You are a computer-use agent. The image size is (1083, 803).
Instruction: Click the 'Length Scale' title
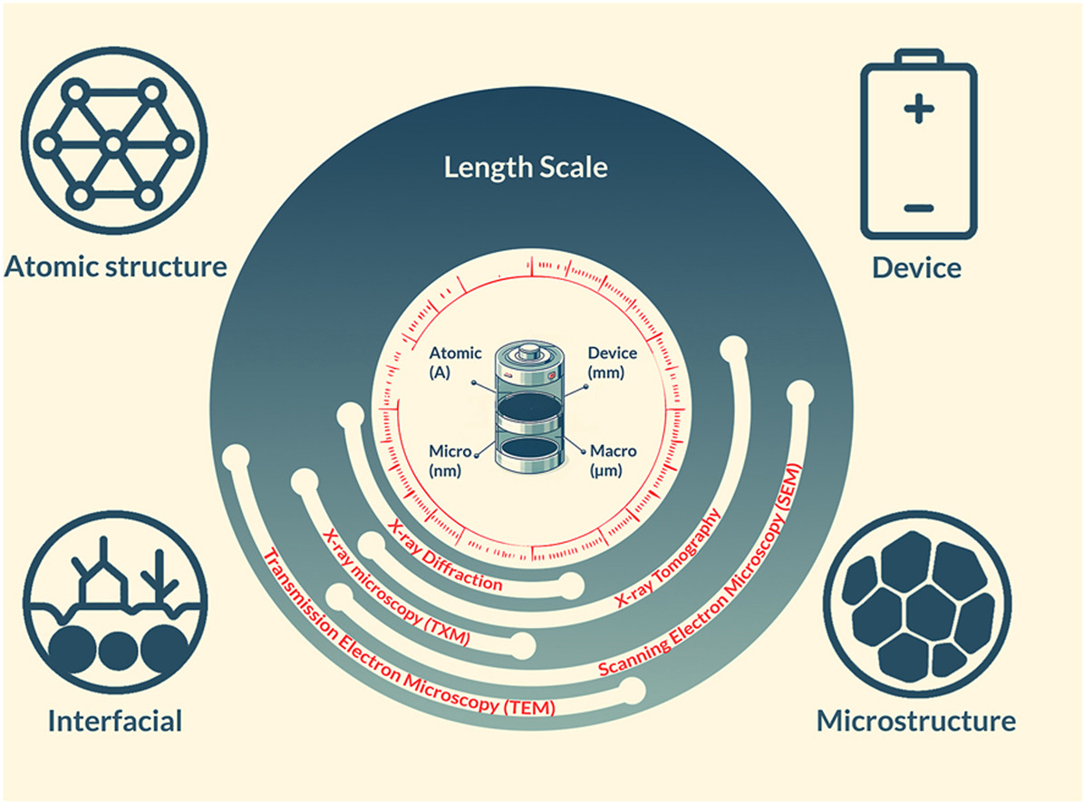click(525, 168)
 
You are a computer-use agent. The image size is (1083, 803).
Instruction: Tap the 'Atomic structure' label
click(115, 266)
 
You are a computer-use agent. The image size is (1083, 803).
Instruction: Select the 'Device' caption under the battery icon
click(916, 267)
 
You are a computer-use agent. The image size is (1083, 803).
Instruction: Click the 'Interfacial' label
click(115, 721)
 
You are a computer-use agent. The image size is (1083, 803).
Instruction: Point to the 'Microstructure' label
click(916, 721)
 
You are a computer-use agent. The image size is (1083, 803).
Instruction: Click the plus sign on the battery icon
click(917, 112)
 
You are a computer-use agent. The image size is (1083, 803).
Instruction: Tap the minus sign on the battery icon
click(917, 208)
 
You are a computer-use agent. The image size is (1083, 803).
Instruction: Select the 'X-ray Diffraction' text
click(444, 555)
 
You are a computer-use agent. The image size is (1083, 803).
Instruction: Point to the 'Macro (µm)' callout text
click(613, 459)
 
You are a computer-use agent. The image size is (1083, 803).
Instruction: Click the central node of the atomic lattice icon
click(112, 143)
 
